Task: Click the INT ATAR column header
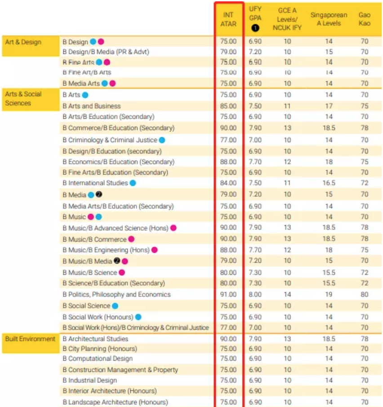coord(228,19)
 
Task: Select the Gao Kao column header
coord(364,19)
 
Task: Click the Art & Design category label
coord(23,42)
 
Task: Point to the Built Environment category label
coord(30,339)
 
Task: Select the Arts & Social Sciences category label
coord(23,99)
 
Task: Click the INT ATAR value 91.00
coord(228,295)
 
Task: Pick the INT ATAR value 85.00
coord(228,106)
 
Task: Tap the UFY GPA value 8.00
coord(255,295)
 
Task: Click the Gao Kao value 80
coord(364,295)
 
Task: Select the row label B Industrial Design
coord(90,380)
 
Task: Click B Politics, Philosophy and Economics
coord(116,295)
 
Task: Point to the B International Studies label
coord(95,183)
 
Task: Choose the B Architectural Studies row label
coord(95,339)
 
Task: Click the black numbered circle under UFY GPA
coord(255,28)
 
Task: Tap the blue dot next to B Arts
coord(85,95)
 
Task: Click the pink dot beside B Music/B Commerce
coord(131,239)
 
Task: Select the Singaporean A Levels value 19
coord(329,295)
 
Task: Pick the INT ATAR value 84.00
coord(228,183)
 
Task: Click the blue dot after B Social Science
coord(115,306)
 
